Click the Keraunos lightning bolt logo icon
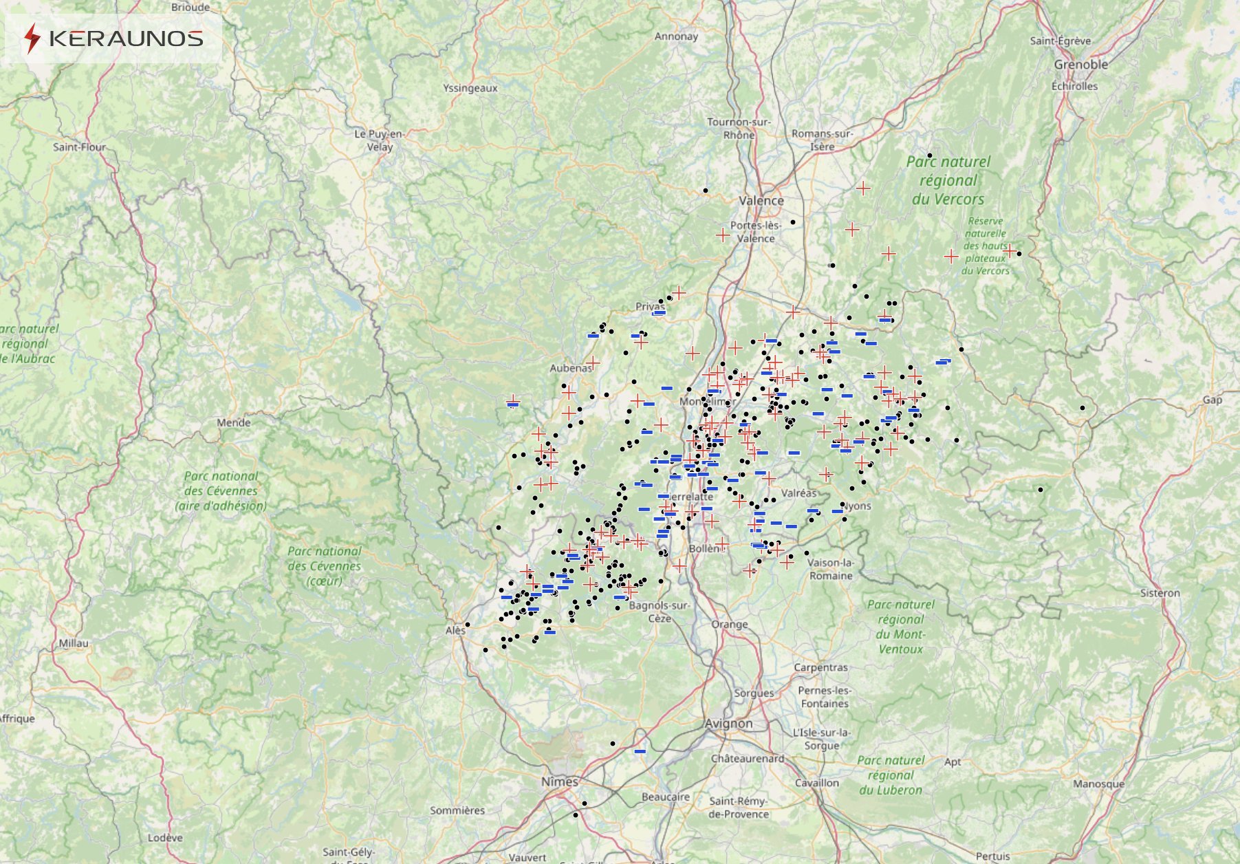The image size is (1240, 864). [x=32, y=39]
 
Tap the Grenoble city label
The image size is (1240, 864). [x=1080, y=65]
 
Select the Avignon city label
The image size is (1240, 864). [x=728, y=724]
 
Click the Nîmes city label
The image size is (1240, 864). [x=559, y=781]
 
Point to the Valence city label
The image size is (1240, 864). [x=761, y=201]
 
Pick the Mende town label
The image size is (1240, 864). [x=234, y=422]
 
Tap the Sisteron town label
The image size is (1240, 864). [x=1160, y=593]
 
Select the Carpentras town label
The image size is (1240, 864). [x=820, y=667]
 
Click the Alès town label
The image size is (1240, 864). [x=455, y=630]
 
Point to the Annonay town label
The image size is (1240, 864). [x=676, y=36]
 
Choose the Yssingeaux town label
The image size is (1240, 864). [x=470, y=88]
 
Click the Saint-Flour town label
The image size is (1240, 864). [x=79, y=147]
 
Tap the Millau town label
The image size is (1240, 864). [x=73, y=643]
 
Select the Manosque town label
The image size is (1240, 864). [x=1098, y=784]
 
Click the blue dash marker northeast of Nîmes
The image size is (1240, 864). [x=640, y=751]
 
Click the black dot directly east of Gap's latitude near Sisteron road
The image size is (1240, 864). [x=1082, y=408]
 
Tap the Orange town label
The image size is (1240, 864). [x=729, y=625]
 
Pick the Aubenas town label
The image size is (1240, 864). [x=570, y=368]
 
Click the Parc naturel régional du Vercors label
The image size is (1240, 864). [x=948, y=180]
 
